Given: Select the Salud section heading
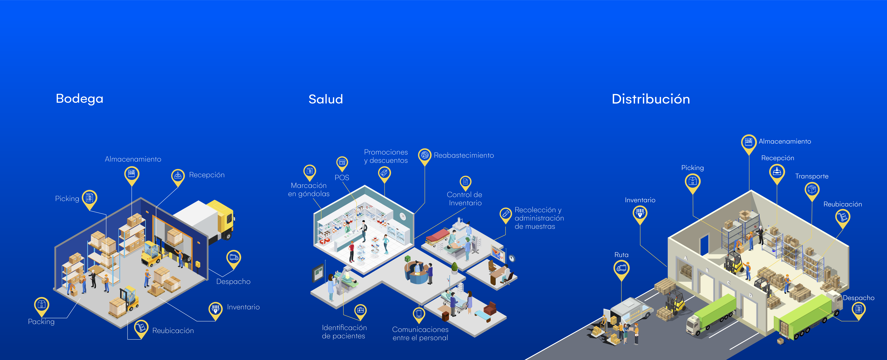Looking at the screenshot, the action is [x=326, y=99].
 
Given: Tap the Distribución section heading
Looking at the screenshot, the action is [x=651, y=99].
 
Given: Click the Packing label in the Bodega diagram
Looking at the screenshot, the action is [x=41, y=322].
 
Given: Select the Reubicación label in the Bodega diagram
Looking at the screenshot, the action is [x=173, y=331].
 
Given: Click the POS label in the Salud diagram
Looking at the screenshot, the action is [x=342, y=177].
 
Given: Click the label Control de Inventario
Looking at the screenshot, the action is [x=465, y=199].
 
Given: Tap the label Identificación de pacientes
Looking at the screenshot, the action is [x=344, y=332].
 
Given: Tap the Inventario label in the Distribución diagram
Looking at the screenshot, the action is [x=640, y=200].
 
